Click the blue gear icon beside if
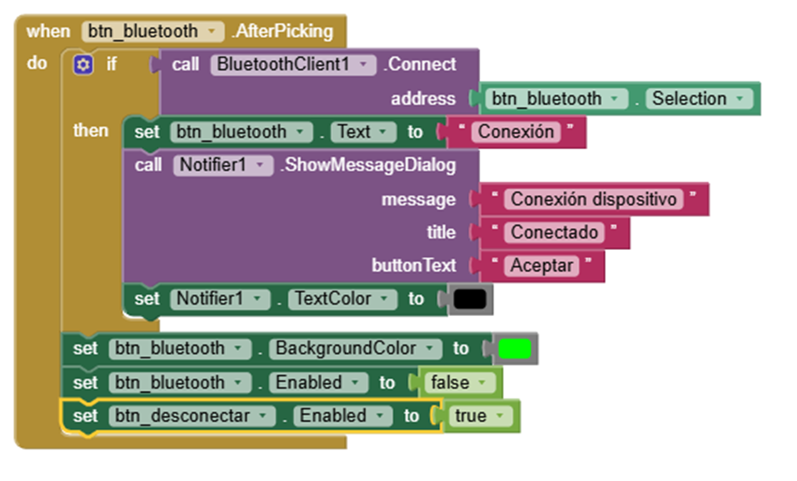click(x=83, y=64)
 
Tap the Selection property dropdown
click(x=697, y=99)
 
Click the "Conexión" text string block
click(x=516, y=132)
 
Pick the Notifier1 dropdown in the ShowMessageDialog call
click(x=222, y=165)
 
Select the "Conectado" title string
click(x=555, y=233)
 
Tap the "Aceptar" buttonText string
click(x=542, y=266)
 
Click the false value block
click(x=459, y=383)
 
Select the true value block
click(x=478, y=416)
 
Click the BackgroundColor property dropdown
click(x=355, y=349)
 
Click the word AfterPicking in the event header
click(x=282, y=32)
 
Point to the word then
click(x=91, y=131)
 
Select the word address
click(x=424, y=99)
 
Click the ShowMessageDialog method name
click(x=367, y=165)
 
